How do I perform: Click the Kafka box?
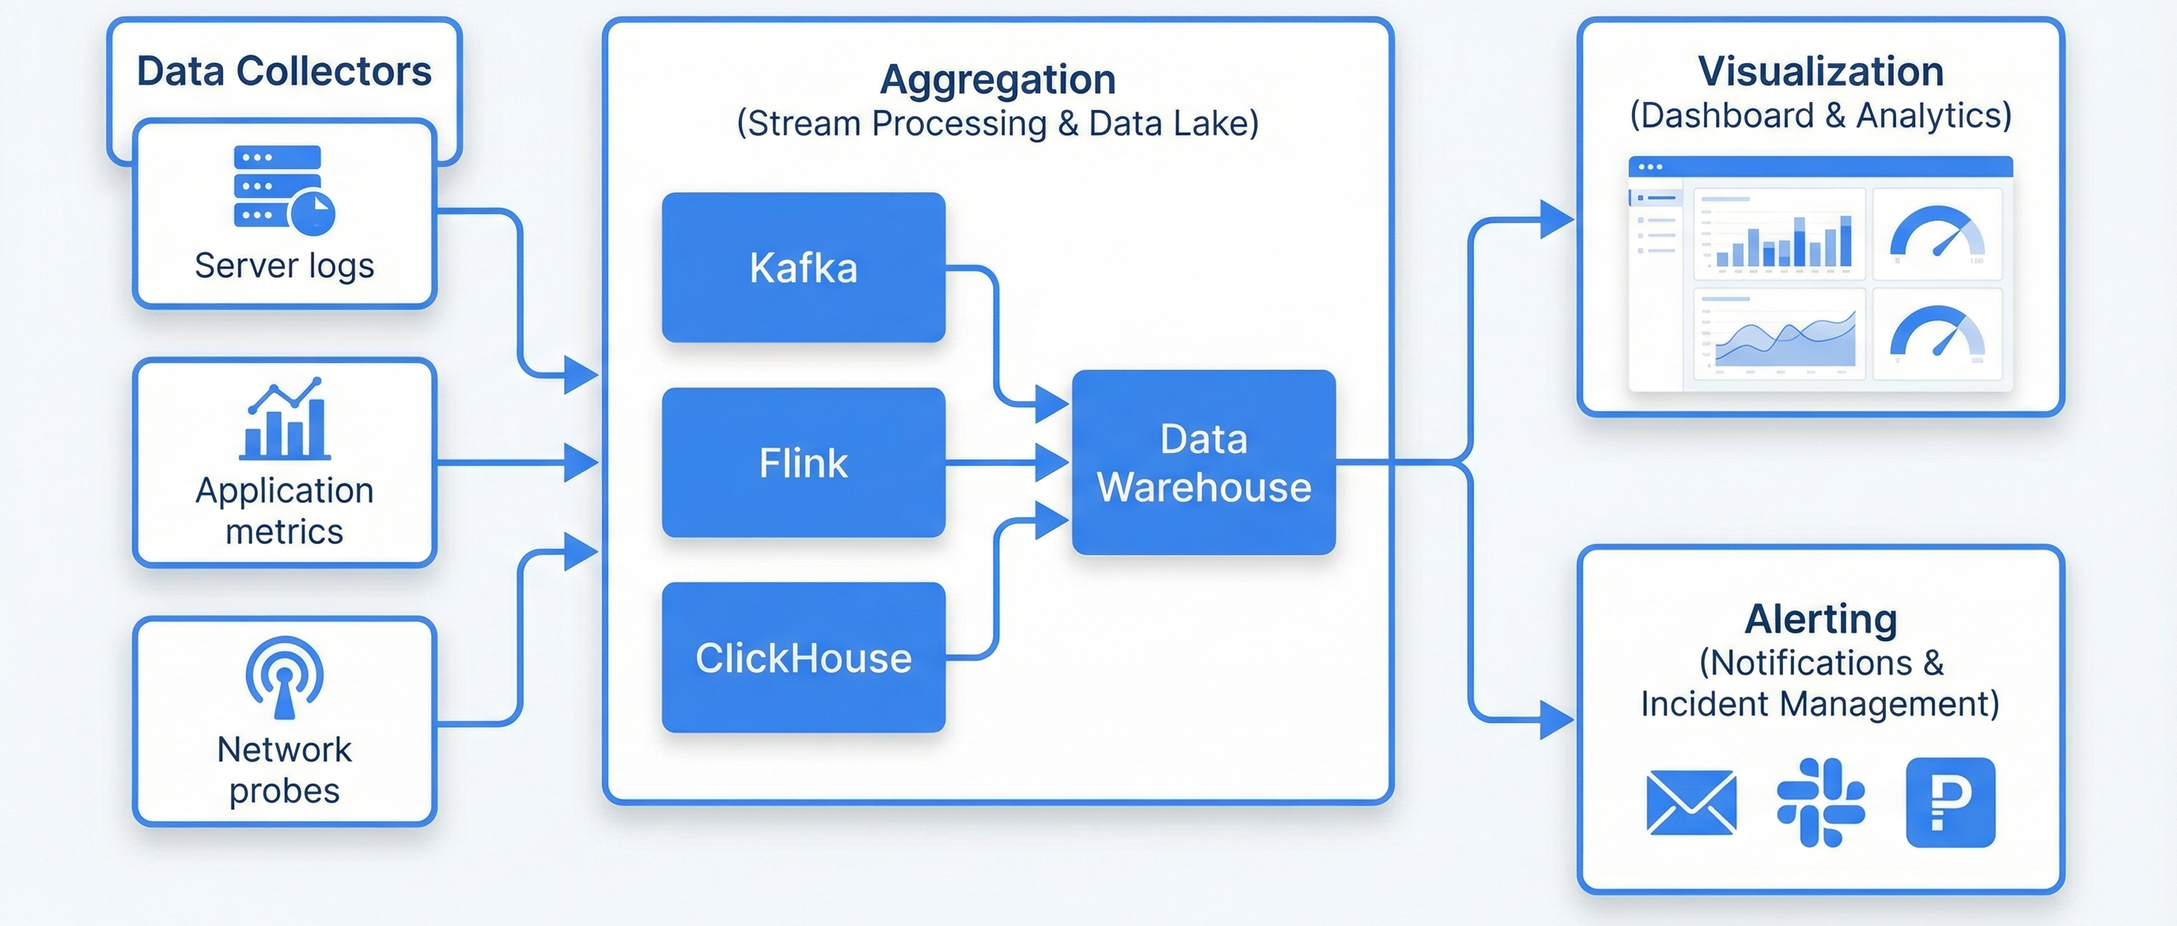tap(803, 267)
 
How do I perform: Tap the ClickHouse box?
tap(803, 657)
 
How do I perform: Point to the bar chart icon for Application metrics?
tap(285, 419)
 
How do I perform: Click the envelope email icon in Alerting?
tap(1691, 802)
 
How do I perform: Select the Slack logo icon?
tap(1820, 802)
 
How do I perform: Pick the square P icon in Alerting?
tap(1951, 802)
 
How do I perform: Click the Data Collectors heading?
tap(284, 71)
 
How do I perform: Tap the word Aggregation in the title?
tap(998, 79)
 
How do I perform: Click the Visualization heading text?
tap(1820, 71)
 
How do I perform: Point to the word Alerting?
tap(1820, 618)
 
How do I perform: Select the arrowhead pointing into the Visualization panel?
tap(1556, 220)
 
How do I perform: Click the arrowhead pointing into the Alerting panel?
tap(1556, 720)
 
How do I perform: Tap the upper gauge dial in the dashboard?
tap(1937, 233)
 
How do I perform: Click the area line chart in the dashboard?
tap(1780, 336)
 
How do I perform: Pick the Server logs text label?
tap(284, 265)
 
